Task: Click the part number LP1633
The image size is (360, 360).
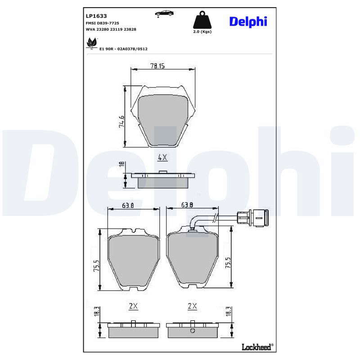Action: [96, 16]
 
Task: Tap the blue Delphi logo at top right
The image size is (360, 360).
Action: [248, 22]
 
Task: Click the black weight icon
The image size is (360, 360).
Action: [202, 20]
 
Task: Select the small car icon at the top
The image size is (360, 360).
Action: [164, 13]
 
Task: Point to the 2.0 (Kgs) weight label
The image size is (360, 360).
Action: [202, 31]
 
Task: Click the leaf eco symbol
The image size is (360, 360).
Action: [92, 43]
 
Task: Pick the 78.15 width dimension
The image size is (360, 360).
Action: [157, 66]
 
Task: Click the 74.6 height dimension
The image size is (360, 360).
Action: [121, 121]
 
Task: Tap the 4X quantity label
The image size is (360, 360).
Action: [162, 157]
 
